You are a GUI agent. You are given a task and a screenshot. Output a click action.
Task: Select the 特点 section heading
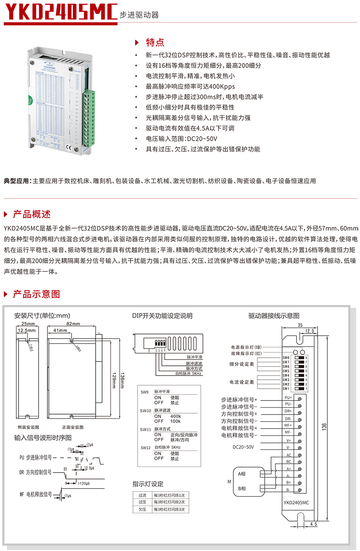155,42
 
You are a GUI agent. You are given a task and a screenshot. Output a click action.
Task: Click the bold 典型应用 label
17,181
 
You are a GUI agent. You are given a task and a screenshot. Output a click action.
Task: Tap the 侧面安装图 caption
28,427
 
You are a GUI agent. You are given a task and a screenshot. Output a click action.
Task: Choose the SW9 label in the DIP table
144,392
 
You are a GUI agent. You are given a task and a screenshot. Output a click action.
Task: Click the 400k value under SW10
175,416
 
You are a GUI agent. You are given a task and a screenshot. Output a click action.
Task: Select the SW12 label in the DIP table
145,448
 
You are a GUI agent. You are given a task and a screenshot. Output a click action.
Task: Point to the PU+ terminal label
288,398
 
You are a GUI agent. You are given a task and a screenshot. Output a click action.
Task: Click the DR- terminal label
288,418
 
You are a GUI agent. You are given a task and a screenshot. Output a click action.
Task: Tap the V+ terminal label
288,440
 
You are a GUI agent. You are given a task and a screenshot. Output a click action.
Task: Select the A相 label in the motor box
242,473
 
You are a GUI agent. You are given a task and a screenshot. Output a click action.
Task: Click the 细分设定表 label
242,364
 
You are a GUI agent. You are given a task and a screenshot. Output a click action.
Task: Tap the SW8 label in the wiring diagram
286,358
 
